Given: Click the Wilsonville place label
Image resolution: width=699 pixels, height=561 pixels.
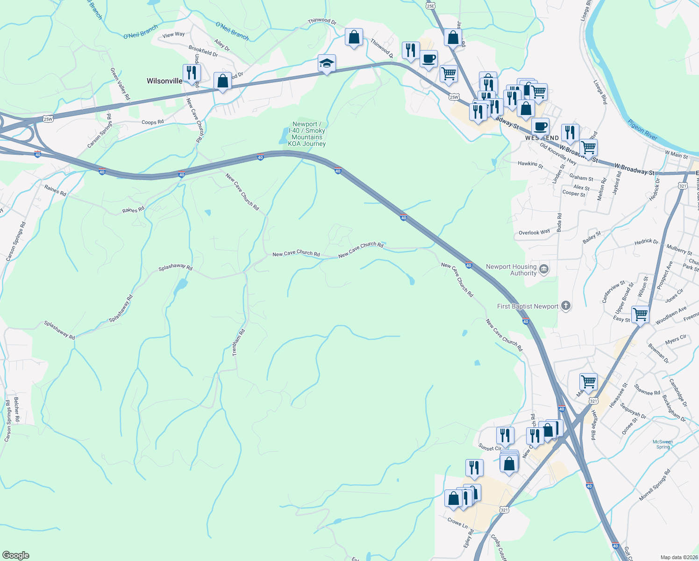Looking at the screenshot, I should coord(164,81).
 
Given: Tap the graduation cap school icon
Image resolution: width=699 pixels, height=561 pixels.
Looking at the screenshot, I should coord(327,63).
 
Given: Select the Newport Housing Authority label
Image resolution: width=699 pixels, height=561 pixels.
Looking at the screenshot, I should coord(511,270).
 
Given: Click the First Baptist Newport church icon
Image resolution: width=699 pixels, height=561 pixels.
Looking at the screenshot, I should coord(566,306).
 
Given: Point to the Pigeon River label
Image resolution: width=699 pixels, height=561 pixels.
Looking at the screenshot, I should coord(642,129).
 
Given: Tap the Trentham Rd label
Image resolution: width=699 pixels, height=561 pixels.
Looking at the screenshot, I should coord(239,343).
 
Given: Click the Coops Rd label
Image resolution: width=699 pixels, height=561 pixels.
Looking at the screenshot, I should coord(152,122).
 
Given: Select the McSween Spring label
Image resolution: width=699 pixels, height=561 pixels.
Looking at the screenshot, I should coord(663,444).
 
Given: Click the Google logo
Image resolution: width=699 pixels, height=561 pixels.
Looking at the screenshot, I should coord(15,555).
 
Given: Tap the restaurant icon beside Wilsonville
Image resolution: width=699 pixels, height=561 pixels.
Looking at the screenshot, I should coord(191,73).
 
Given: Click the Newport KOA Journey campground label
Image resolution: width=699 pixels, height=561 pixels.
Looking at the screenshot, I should coord(307,134).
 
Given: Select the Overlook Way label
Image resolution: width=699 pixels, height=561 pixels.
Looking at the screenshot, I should coord(534,232).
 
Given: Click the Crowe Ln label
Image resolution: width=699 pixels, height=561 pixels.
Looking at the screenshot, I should coord(457,523).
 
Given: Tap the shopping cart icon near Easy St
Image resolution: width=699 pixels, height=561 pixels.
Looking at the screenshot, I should coord(640,314).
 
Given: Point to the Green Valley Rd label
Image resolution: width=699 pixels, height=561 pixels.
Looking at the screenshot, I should coord(120,84).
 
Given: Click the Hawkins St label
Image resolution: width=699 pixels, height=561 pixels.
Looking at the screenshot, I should coord(530,165).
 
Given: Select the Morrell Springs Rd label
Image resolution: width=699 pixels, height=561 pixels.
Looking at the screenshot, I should coord(655,485).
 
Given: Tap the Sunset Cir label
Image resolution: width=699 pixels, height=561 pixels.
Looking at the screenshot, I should coord(489,448).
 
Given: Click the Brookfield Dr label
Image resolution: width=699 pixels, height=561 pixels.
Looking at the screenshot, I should coord(203,51).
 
